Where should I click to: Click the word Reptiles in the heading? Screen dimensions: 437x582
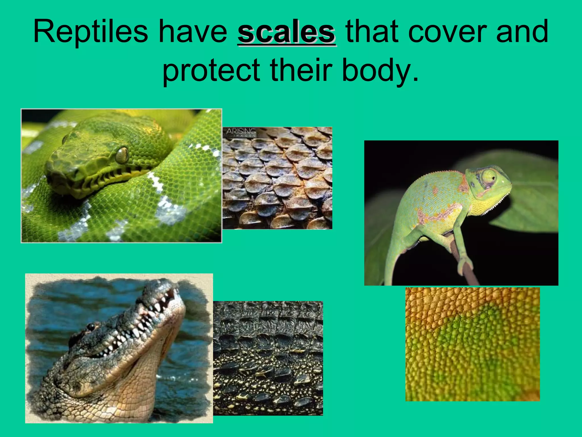point(90,32)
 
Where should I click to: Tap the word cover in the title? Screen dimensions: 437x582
point(447,32)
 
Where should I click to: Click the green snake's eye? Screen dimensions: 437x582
point(122,155)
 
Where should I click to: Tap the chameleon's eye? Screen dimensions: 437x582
point(489,179)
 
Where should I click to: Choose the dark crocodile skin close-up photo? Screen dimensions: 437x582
point(268,358)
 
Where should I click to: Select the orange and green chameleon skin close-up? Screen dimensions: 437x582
point(472,344)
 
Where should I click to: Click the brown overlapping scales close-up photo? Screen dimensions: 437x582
point(277,178)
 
